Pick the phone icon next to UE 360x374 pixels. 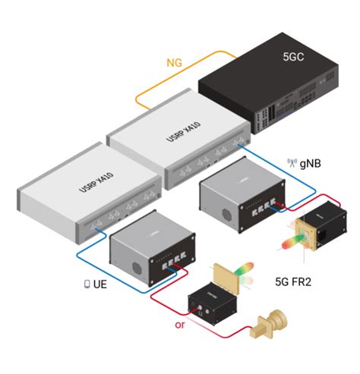(87, 284)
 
